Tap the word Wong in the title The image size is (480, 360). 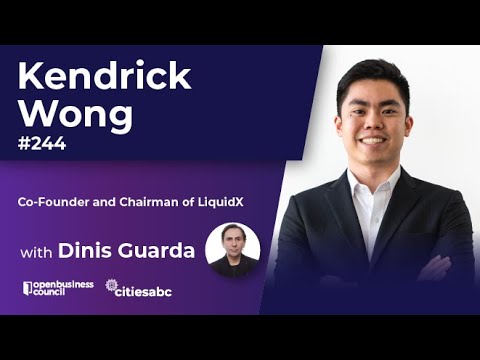77,114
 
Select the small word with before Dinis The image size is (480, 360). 36,251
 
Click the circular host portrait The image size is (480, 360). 232,248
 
